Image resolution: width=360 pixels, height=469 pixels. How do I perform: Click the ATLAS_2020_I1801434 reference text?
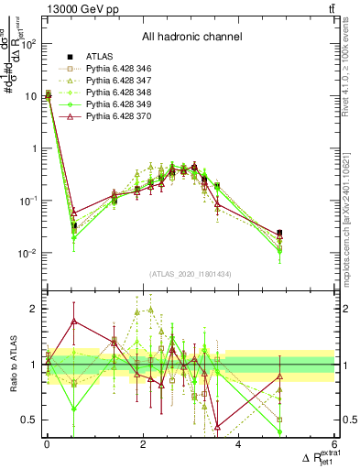pyautogui.click(x=190, y=274)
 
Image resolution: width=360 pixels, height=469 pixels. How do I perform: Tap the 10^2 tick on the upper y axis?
pyautogui.click(x=30, y=43)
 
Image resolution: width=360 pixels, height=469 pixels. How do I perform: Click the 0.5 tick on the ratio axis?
pyautogui.click(x=31, y=420)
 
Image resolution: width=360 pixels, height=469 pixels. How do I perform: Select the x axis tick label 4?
pyautogui.click(x=238, y=444)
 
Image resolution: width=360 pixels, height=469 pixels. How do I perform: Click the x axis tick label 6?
pyautogui.click(x=334, y=444)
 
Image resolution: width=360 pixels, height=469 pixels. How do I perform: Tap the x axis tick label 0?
pyautogui.click(x=47, y=444)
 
